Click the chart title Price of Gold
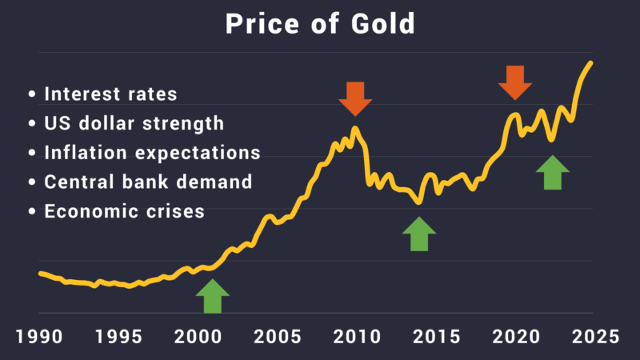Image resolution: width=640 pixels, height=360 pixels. tap(320, 24)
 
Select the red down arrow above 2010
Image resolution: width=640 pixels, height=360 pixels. tap(355, 98)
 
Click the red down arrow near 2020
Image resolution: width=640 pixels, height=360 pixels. tap(514, 82)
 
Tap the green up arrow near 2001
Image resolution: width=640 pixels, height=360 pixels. tap(212, 296)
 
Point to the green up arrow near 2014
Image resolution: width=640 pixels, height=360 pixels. tap(419, 234)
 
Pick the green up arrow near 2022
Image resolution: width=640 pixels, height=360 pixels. tap(552, 172)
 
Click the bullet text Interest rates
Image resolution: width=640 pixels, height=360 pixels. tap(110, 94)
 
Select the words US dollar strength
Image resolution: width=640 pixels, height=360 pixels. tap(134, 124)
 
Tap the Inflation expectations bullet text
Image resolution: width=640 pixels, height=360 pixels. tap(152, 153)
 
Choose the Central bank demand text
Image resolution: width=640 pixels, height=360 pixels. tap(148, 182)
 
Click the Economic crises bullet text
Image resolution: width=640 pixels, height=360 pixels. tap(124, 212)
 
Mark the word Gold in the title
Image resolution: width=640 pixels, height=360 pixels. tap(382, 24)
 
